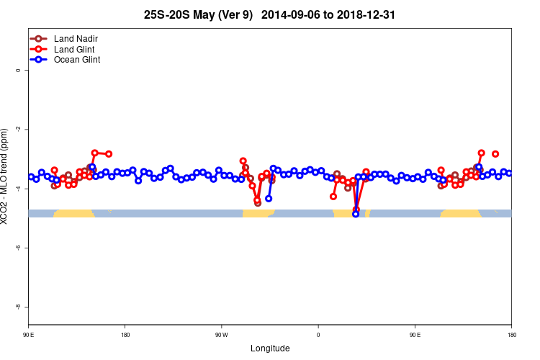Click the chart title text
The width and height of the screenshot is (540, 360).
[x=269, y=14]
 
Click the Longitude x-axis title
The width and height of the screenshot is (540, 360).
[x=270, y=348]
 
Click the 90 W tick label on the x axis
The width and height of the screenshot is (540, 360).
[x=221, y=335]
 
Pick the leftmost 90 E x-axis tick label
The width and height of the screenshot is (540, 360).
[x=28, y=335]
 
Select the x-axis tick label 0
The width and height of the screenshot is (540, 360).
[x=318, y=335]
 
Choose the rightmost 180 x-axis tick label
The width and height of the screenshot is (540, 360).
[x=511, y=335]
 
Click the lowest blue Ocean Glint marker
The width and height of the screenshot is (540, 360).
[x=356, y=214]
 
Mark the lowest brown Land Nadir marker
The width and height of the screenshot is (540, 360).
[x=258, y=203]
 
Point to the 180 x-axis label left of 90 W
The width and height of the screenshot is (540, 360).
[x=125, y=335]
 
